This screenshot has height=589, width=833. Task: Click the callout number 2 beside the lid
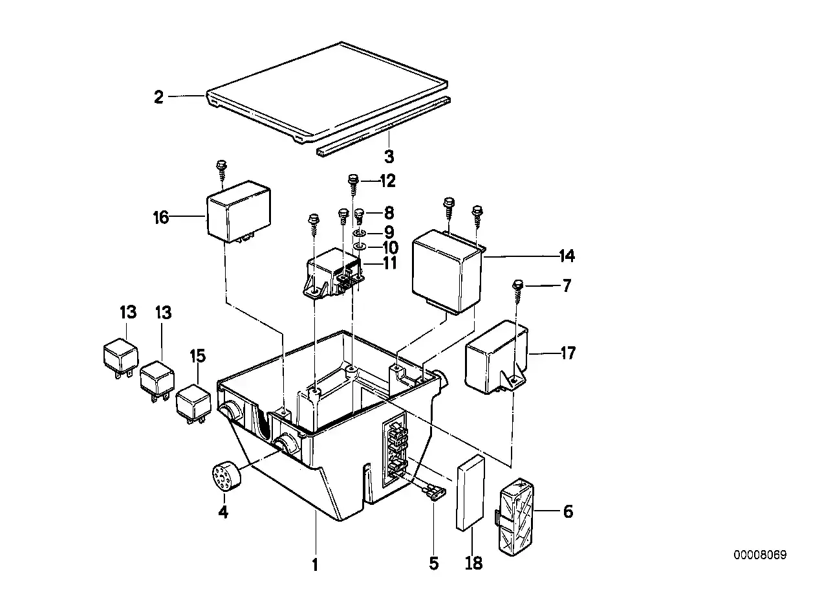click(159, 98)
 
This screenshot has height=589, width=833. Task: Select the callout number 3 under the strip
click(389, 157)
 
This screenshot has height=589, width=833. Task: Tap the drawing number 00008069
click(760, 555)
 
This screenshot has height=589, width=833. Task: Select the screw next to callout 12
click(352, 185)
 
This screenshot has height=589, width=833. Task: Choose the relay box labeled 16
click(239, 212)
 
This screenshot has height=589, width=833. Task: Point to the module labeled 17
click(497, 357)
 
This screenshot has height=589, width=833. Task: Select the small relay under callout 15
click(193, 405)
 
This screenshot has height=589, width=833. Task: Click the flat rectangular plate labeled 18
click(470, 493)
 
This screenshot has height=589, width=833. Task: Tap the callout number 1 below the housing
click(315, 565)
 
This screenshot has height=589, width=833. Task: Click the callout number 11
click(389, 263)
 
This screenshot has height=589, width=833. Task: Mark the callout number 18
click(474, 563)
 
